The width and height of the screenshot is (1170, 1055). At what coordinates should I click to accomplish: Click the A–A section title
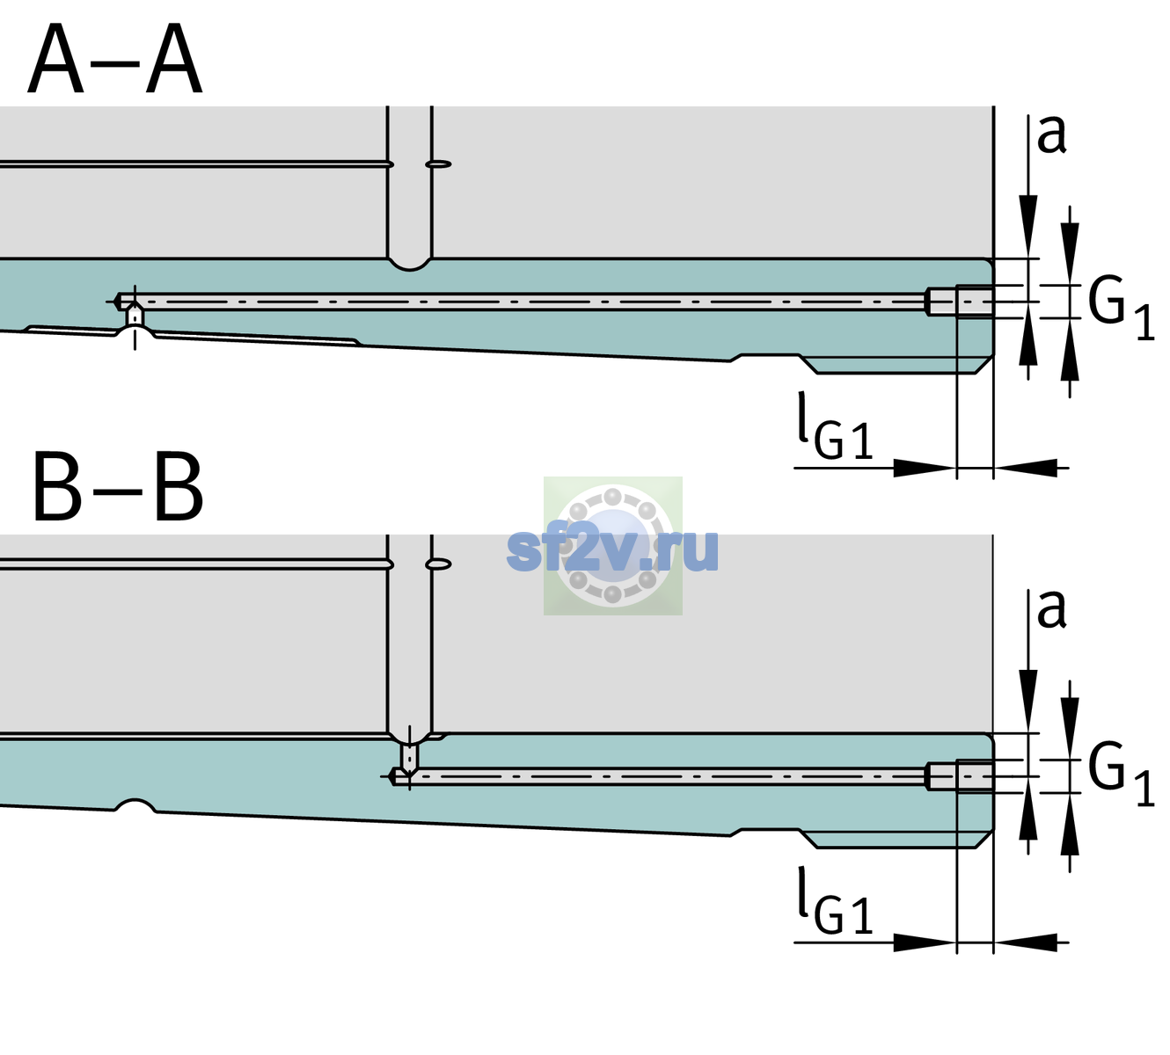115,59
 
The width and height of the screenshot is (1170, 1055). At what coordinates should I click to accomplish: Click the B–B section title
119,487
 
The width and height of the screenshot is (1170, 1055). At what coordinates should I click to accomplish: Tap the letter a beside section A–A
1051,135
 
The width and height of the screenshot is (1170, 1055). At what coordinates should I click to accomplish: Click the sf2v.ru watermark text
612,551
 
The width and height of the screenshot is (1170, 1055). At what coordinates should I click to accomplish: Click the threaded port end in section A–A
960,302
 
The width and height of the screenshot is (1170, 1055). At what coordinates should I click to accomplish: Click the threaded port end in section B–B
960,776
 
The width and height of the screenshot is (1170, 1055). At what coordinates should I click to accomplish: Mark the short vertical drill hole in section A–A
135,316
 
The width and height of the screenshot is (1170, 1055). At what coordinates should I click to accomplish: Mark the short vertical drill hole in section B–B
410,757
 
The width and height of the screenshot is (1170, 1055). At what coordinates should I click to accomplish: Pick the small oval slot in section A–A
439,164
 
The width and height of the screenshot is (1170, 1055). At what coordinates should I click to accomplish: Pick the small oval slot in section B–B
439,564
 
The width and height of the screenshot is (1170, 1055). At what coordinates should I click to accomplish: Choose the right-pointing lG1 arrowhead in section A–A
925,468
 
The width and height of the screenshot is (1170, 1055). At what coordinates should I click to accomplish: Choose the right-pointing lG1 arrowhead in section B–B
925,942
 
